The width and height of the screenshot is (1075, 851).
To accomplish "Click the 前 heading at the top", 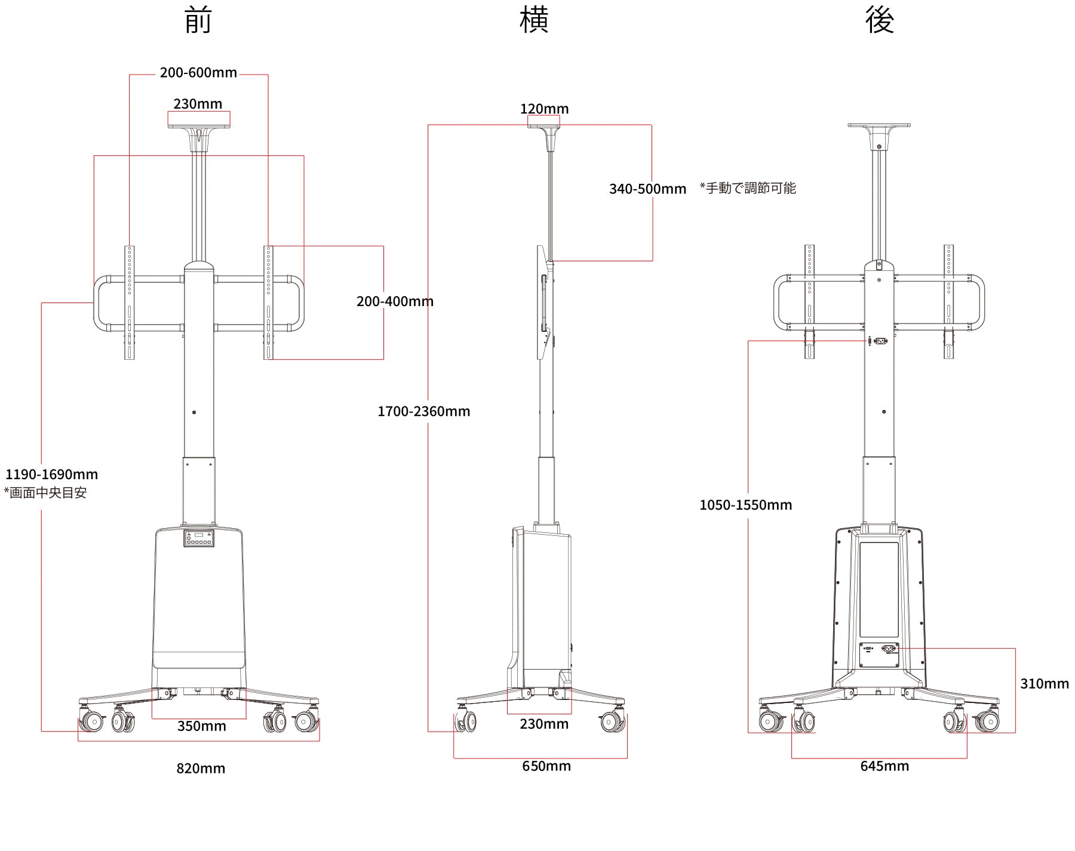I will coord(198,21).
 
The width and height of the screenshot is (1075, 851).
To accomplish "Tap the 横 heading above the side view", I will coord(534,21).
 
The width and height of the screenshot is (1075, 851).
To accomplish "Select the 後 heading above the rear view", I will coord(879,21).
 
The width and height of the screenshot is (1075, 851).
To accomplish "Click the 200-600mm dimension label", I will coord(198,73).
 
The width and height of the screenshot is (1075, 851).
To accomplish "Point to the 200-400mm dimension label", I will coord(395,301).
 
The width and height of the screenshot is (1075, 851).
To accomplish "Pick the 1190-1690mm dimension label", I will coord(51,474).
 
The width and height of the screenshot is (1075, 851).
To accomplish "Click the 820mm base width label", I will coord(201,768).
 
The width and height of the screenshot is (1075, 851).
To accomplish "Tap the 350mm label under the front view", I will coord(202,726).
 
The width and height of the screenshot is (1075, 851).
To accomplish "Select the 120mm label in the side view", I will coord(544,109).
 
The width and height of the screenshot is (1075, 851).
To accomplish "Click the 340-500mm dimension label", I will coord(647,189).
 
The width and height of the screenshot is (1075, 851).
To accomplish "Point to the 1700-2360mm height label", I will coord(423,411).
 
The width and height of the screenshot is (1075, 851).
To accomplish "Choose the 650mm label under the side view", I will coord(546,766).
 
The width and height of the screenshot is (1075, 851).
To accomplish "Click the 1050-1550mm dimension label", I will coord(745,505).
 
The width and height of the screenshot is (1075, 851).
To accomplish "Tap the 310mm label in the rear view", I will coord(1044,684).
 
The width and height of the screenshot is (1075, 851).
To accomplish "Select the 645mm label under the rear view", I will coord(884,766).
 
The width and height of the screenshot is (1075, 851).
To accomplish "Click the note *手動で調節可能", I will coord(748,189).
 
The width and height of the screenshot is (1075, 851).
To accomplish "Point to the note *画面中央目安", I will coord(45,493).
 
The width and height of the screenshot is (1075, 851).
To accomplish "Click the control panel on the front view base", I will coord(198,538).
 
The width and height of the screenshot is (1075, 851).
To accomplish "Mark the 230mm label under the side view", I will coord(543,724).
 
